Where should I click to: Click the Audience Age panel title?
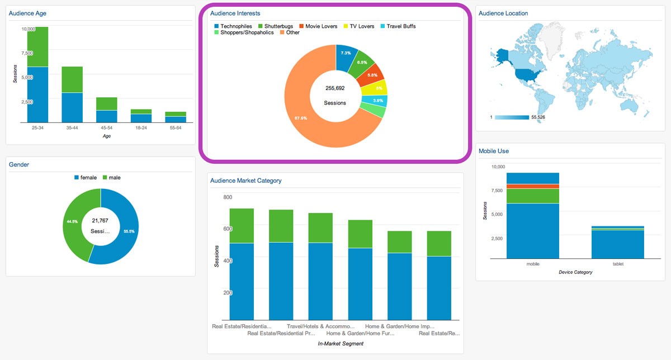point(27,13)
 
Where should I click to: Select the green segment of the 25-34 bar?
point(37,46)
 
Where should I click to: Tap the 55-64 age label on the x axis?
point(176,127)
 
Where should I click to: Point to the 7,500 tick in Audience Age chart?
point(26,53)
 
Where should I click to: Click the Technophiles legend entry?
point(235,26)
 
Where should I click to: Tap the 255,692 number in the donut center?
point(335,88)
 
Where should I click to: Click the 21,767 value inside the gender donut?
point(101,221)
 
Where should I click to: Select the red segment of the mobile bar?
point(532,186)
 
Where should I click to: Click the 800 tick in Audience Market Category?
point(227,197)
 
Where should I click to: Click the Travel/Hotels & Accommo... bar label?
point(320,326)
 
